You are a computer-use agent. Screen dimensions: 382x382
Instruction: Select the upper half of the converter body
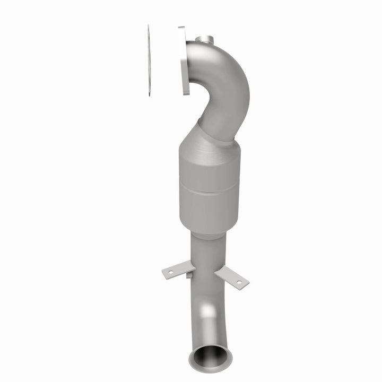(x=210, y=167)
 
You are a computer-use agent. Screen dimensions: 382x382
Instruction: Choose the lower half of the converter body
(x=210, y=204)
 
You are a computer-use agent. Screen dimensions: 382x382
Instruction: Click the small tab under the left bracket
(x=188, y=275)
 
